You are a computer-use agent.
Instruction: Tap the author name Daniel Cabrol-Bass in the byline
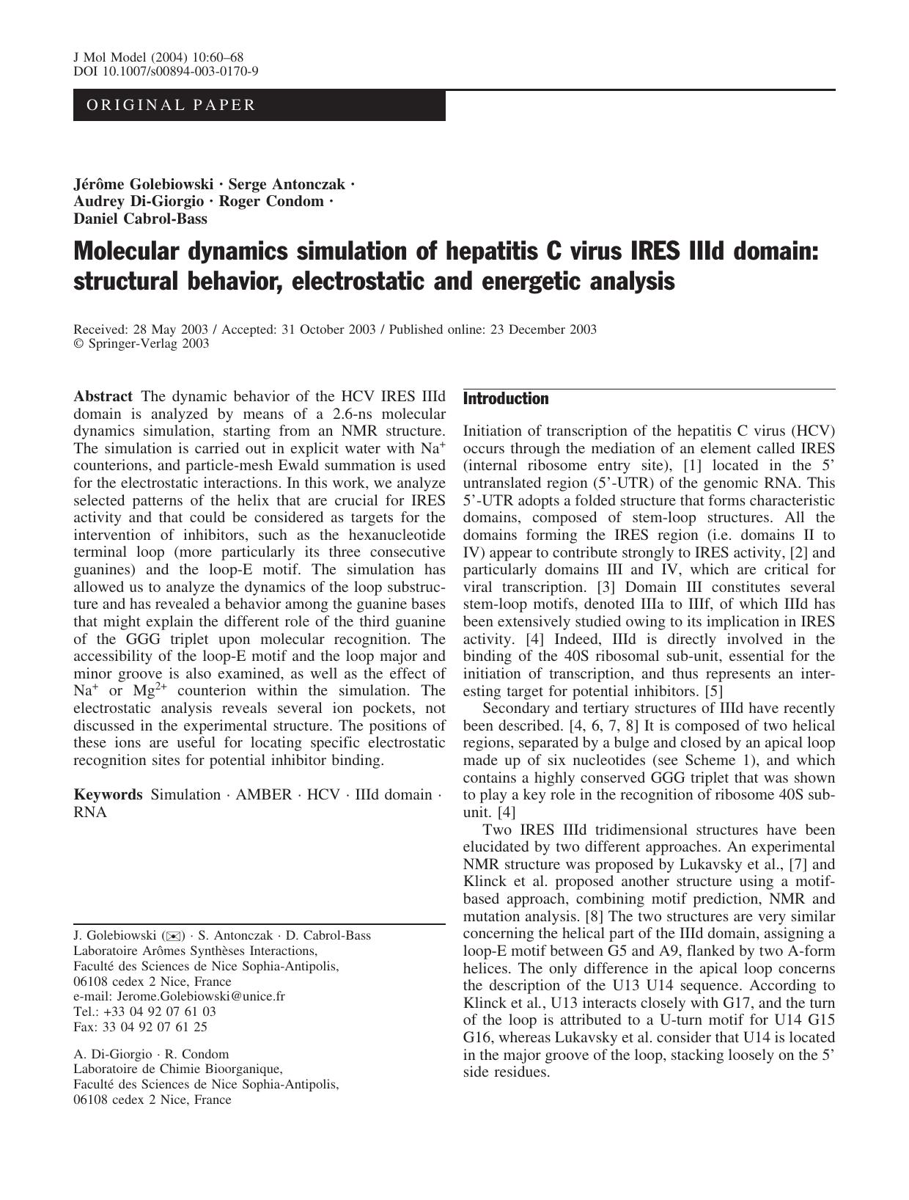pyautogui.click(x=140, y=219)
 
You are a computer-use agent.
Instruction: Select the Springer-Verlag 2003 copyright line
pyautogui.click(x=141, y=343)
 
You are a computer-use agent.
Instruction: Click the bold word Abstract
pyautogui.click(x=103, y=396)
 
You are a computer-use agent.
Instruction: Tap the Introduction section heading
pyautogui.click(x=506, y=399)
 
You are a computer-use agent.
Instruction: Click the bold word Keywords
pyautogui.click(x=108, y=795)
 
